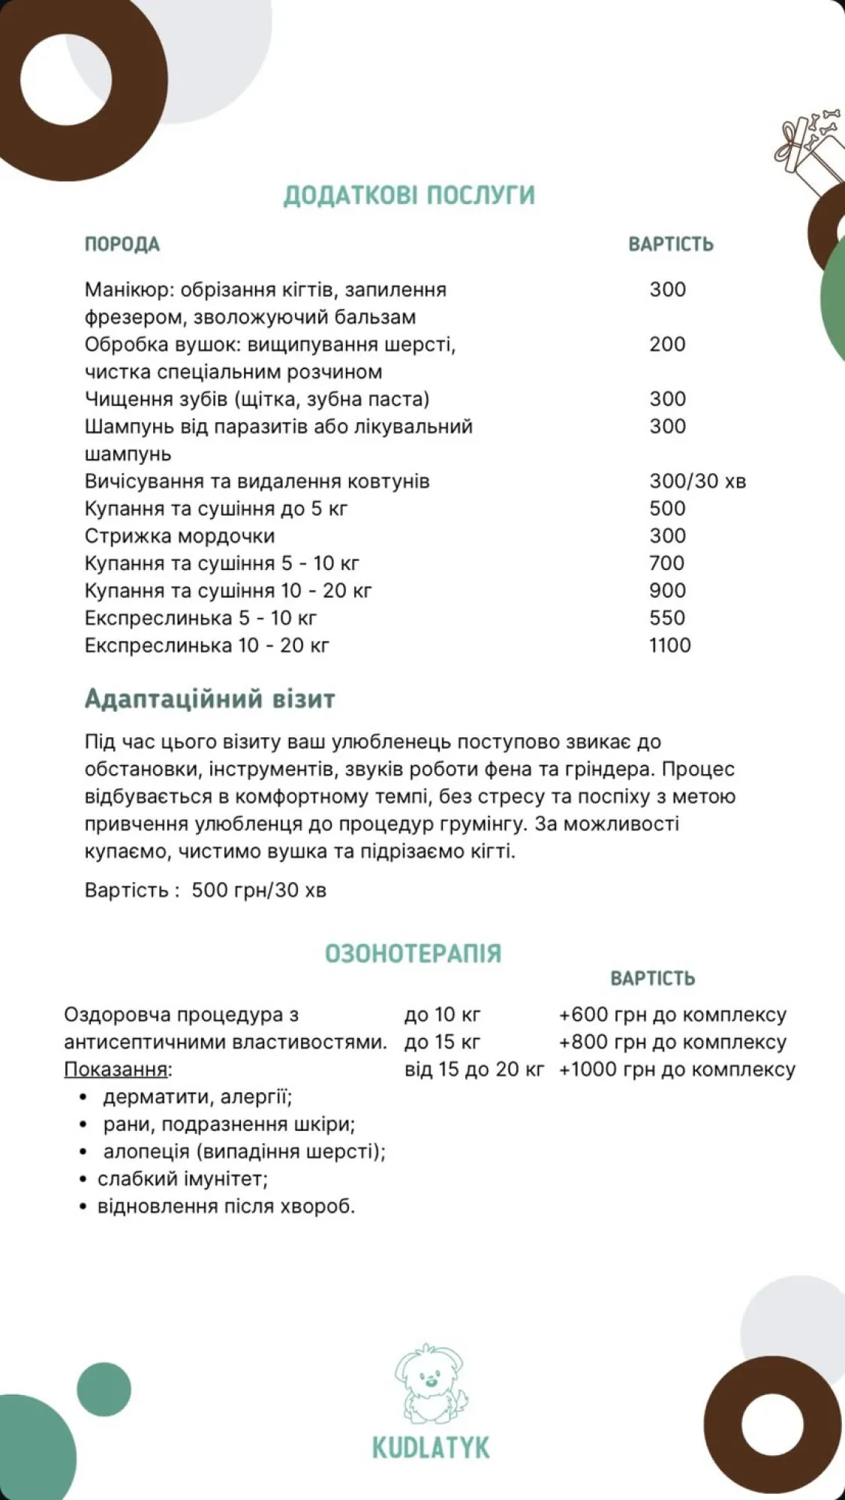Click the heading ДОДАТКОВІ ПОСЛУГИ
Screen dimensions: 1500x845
tap(409, 195)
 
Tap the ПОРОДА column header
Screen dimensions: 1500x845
tap(122, 244)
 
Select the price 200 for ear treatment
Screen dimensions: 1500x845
tap(667, 344)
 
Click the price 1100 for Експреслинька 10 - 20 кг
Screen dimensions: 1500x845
tap(669, 645)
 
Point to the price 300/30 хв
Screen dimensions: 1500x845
tap(697, 481)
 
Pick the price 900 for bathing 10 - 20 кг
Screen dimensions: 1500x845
tap(667, 590)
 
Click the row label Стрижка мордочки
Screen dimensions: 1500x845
tap(179, 535)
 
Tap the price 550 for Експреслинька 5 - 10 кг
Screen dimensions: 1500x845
tap(667, 617)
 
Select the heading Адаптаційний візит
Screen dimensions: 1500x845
tap(209, 699)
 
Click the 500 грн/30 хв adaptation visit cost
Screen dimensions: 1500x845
tap(259, 890)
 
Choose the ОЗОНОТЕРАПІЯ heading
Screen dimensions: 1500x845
tap(413, 953)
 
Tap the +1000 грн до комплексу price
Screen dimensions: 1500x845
tap(676, 1069)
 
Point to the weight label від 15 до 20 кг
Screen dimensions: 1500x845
tap(474, 1069)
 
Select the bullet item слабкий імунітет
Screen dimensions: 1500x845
tap(182, 1178)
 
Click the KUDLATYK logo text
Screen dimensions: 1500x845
tap(431, 1447)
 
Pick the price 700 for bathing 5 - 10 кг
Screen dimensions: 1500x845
tap(667, 562)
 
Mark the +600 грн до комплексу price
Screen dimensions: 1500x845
tap(672, 1015)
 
